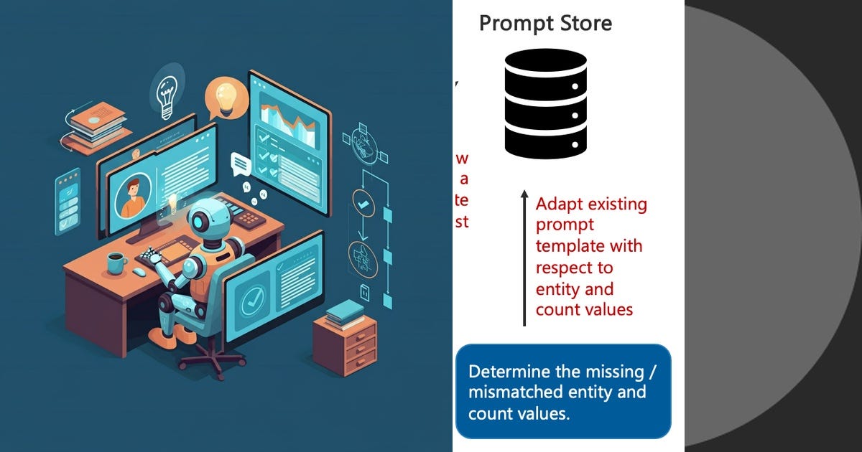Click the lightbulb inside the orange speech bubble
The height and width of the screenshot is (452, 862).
[226, 97]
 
